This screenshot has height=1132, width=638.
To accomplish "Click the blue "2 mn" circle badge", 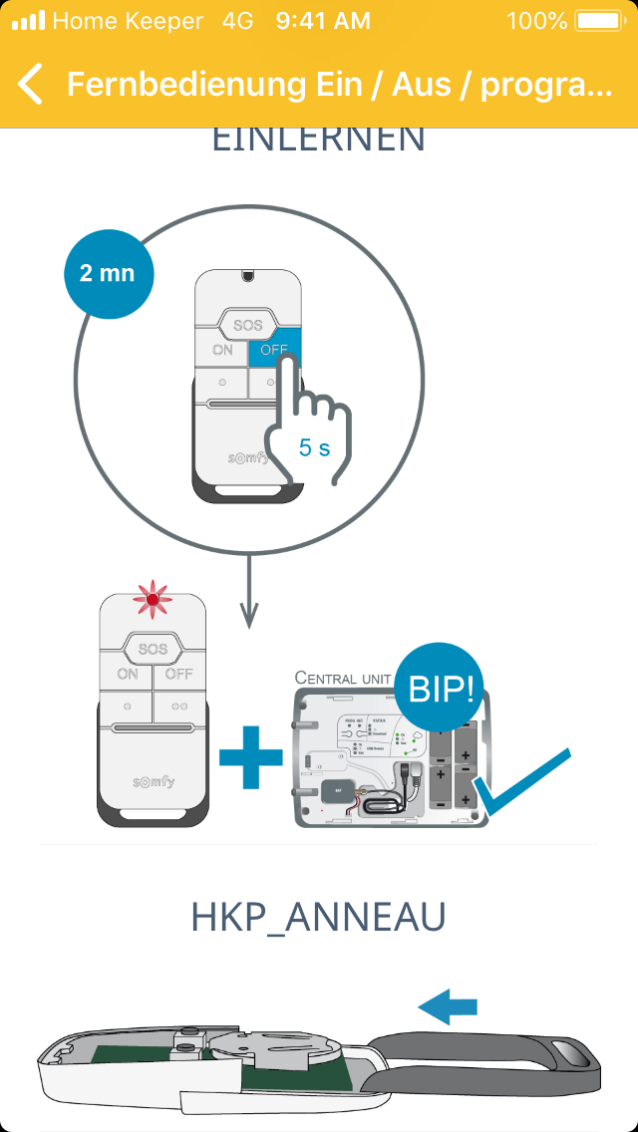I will click(x=107, y=272).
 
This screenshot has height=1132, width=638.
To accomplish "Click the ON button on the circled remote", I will click(x=222, y=351).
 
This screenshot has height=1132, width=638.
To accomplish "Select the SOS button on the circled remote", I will click(x=247, y=325).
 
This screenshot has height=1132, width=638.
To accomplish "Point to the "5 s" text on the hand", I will click(x=314, y=448).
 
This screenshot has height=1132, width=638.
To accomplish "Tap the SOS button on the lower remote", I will click(x=153, y=649).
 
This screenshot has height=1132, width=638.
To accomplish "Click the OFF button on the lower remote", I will click(x=179, y=675).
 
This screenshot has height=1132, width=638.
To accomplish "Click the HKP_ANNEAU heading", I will click(x=318, y=918).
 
